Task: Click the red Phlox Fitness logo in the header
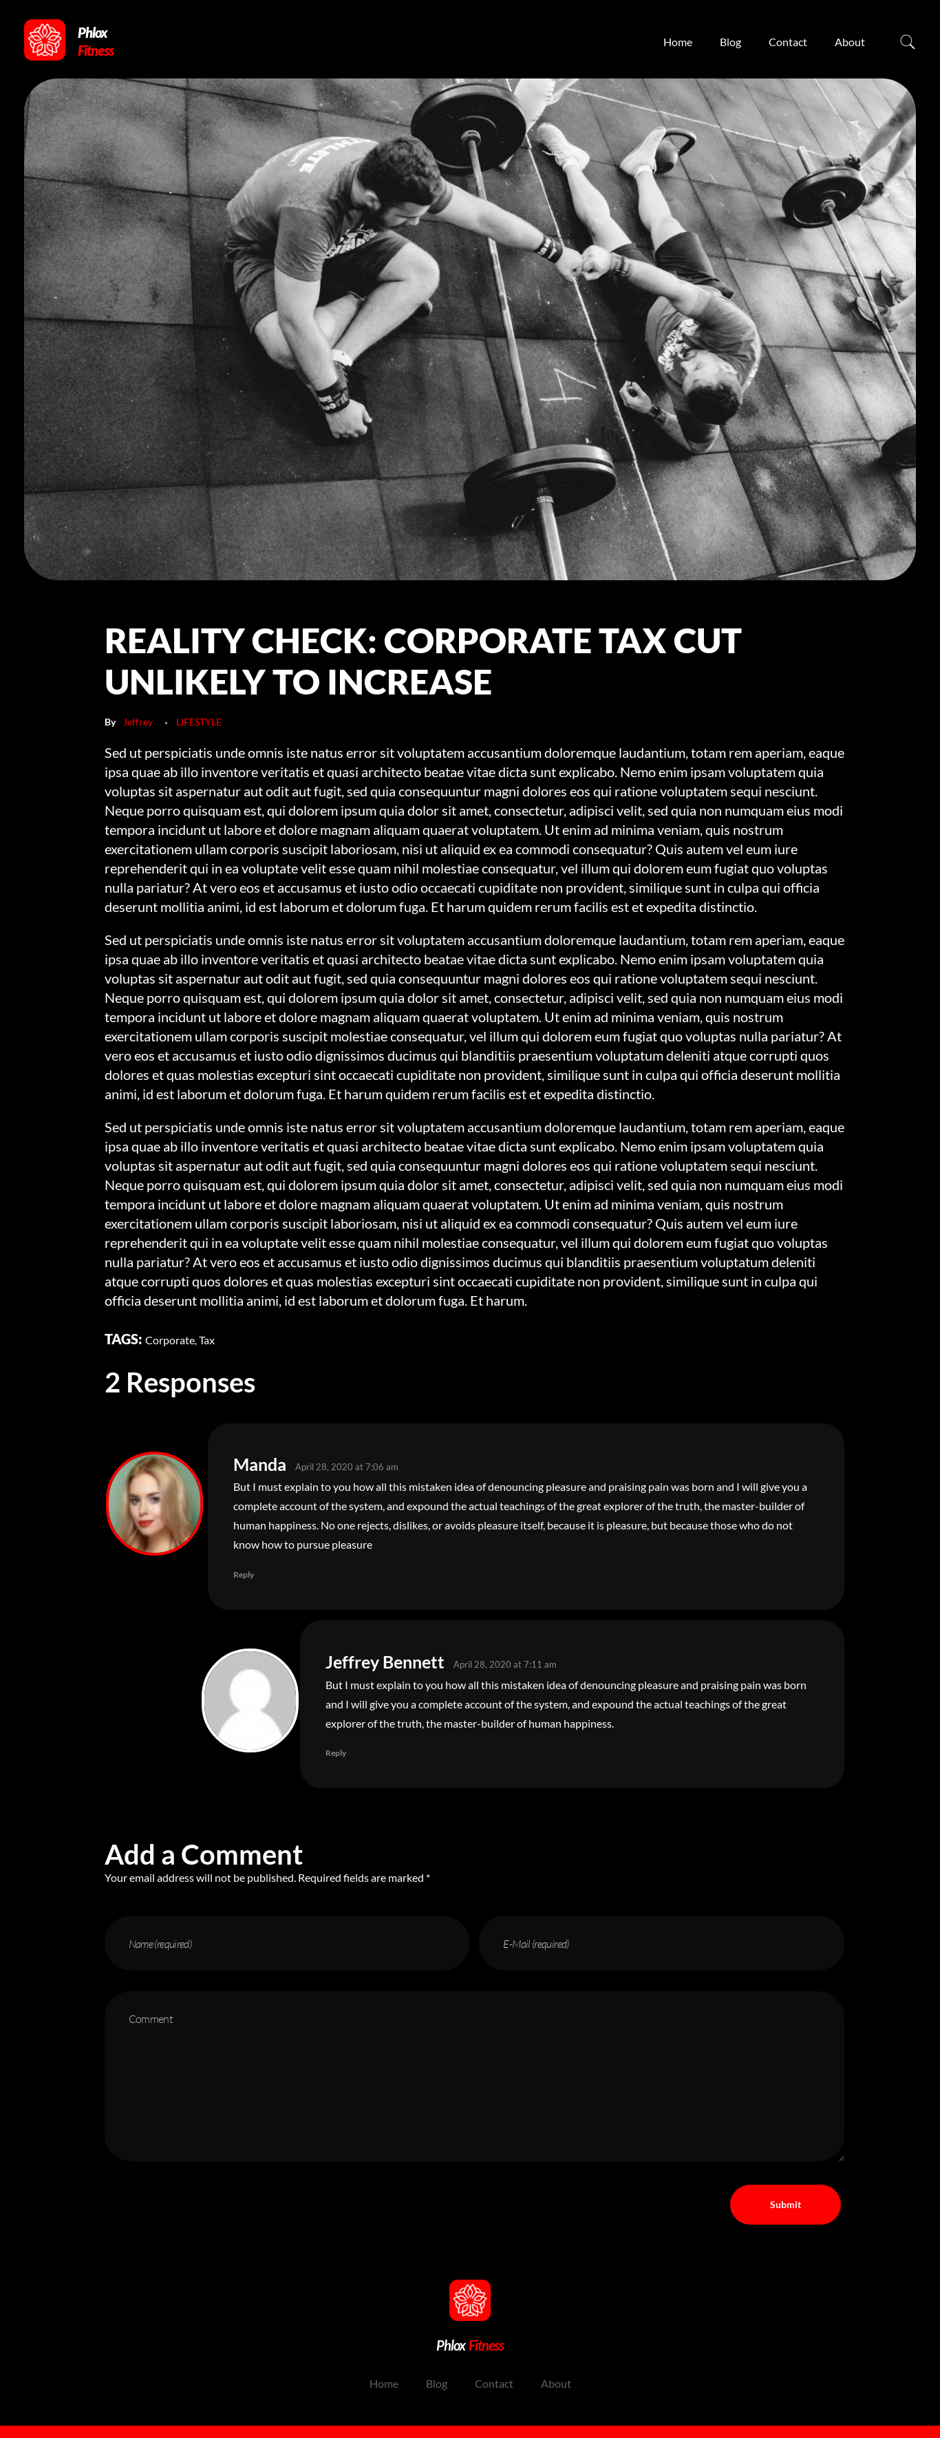pos(45,41)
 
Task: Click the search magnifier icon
pos(907,41)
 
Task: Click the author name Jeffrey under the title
pos(138,722)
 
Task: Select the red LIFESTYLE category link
pos(199,722)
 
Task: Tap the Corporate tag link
pos(169,1340)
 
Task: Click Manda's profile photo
pos(154,1503)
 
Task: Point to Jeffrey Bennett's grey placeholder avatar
pos(250,1700)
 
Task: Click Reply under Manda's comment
pos(244,1575)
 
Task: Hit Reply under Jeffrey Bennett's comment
pos(336,1752)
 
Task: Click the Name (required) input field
pos(286,1944)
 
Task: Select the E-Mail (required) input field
pos(661,1944)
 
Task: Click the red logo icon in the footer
pos(469,2300)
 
